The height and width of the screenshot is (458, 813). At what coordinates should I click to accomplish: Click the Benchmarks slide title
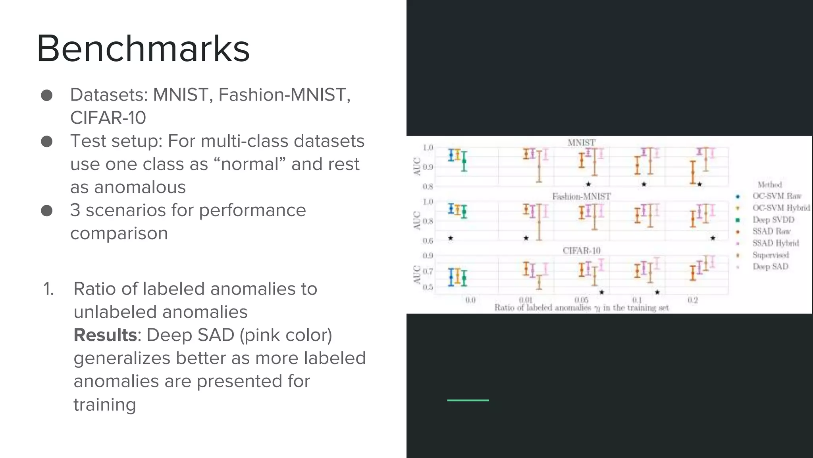[143, 49]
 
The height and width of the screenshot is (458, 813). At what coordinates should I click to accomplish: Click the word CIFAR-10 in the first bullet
[108, 118]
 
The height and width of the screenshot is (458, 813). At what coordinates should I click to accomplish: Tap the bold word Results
[105, 335]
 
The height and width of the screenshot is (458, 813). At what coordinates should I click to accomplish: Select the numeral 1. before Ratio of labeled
[48, 289]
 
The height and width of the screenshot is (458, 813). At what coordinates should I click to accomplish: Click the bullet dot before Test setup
[47, 141]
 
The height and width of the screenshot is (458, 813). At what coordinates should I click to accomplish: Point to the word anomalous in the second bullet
[128, 187]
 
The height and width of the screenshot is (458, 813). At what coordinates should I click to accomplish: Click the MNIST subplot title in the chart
[582, 142]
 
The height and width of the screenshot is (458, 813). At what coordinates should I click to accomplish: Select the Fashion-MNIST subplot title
[581, 196]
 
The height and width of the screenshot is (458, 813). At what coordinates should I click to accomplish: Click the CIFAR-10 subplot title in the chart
[582, 250]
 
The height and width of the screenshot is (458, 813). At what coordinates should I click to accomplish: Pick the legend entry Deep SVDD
[773, 220]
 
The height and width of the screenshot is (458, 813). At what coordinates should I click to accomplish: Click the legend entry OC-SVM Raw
[777, 196]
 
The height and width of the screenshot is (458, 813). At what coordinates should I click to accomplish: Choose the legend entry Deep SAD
[770, 267]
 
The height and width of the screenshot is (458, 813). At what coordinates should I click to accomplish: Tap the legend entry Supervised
[771, 255]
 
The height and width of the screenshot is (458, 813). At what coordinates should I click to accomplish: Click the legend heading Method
[769, 184]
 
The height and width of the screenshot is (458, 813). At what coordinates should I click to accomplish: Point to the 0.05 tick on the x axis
[582, 300]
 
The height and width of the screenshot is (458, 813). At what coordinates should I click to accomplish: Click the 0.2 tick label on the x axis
[693, 300]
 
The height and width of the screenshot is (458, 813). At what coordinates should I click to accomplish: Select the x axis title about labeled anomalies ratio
[582, 308]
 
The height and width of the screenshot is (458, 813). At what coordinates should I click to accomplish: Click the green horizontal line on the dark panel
[468, 400]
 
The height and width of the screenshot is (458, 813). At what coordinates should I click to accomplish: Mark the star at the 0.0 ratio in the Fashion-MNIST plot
[451, 238]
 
